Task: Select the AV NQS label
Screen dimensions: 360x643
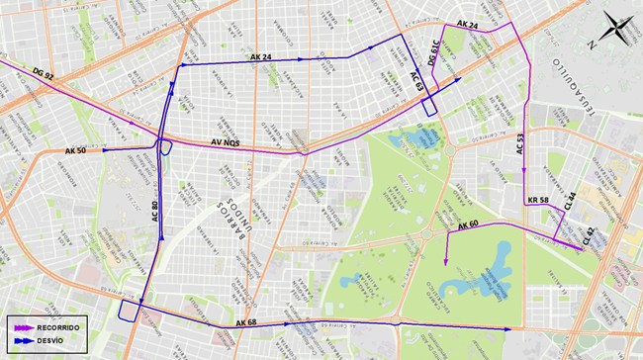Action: tap(226, 143)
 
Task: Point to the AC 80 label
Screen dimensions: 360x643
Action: tap(155, 212)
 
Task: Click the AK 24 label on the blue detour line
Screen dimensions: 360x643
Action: tap(261, 57)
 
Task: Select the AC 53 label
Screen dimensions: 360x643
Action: tap(521, 144)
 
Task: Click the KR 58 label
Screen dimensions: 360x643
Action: tap(538, 201)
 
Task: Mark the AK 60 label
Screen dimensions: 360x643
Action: tap(468, 226)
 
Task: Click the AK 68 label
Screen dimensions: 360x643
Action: tap(246, 323)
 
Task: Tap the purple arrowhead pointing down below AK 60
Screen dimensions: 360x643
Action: tap(447, 261)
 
